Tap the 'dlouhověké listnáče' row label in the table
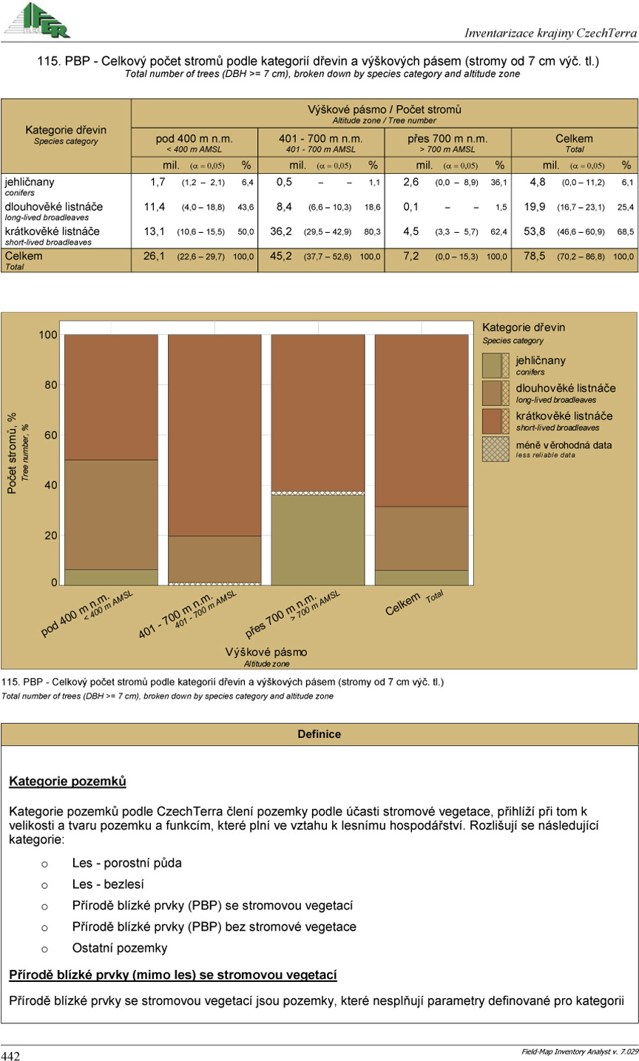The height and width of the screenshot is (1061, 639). pyautogui.click(x=54, y=207)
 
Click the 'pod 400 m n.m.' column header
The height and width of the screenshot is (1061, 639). pyautogui.click(x=195, y=139)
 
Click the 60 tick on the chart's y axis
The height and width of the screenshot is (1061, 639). pyautogui.click(x=50, y=435)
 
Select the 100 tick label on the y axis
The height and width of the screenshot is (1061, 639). pyautogui.click(x=48, y=335)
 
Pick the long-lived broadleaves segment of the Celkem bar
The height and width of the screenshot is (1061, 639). pyautogui.click(x=422, y=538)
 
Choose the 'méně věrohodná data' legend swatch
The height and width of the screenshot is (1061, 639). pyautogui.click(x=496, y=449)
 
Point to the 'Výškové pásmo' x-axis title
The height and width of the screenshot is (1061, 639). pyautogui.click(x=266, y=652)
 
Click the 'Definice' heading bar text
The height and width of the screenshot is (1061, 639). pyautogui.click(x=319, y=734)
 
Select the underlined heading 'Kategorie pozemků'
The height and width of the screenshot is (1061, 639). pyautogui.click(x=67, y=781)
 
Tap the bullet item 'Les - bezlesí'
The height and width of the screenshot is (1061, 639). pyautogui.click(x=108, y=884)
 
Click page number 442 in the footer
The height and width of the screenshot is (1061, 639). pyautogui.click(x=10, y=1055)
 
